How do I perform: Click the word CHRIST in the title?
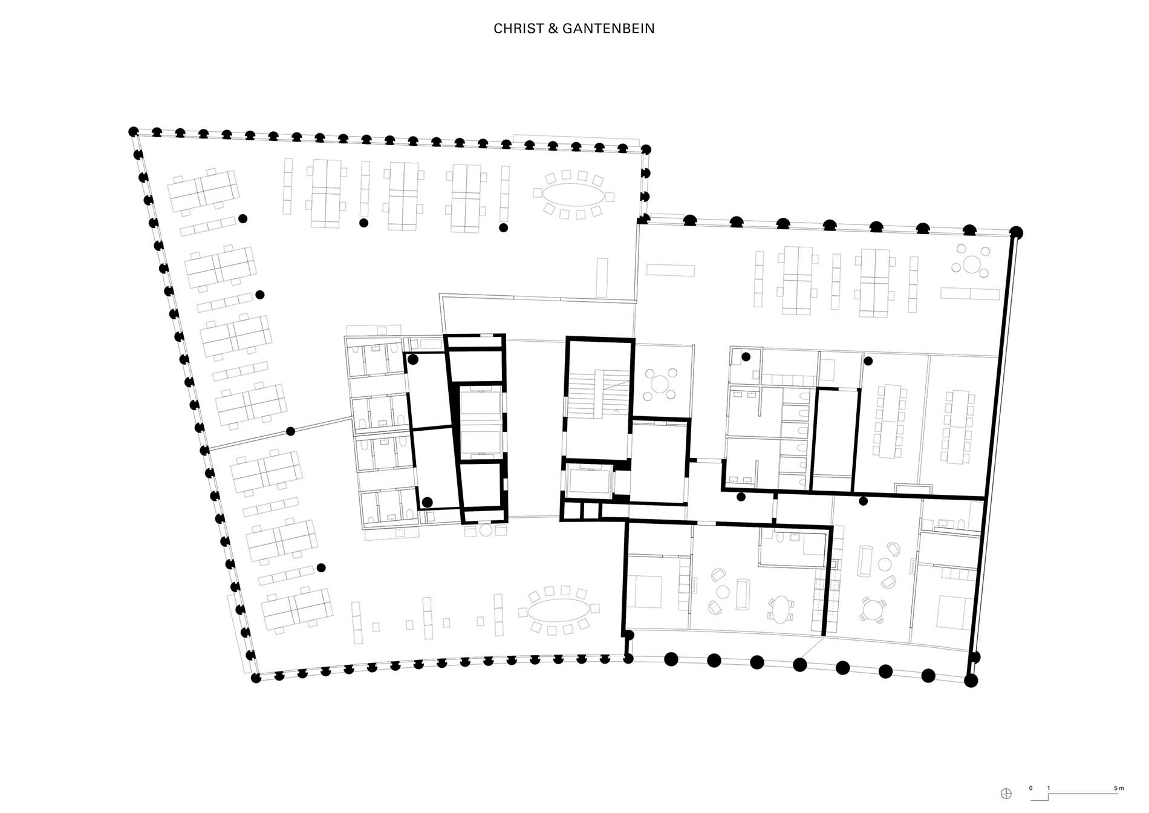pos(518,28)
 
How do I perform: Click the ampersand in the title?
pos(553,28)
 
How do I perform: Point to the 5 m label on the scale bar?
pos(1119,788)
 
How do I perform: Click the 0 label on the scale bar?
pos(1031,788)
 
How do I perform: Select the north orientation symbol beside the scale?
pos(1006,794)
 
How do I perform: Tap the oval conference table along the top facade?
pos(572,195)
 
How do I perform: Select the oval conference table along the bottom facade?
pos(559,610)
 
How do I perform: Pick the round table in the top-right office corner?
pos(972,264)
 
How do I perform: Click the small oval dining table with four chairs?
pos(782,609)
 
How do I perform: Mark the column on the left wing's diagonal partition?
pos(290,431)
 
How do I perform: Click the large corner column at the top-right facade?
pos(1017,232)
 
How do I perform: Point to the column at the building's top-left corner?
pos(134,131)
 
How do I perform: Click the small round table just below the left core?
pos(486,531)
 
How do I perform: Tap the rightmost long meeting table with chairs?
pos(957,427)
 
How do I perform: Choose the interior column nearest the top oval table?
pos(503,227)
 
